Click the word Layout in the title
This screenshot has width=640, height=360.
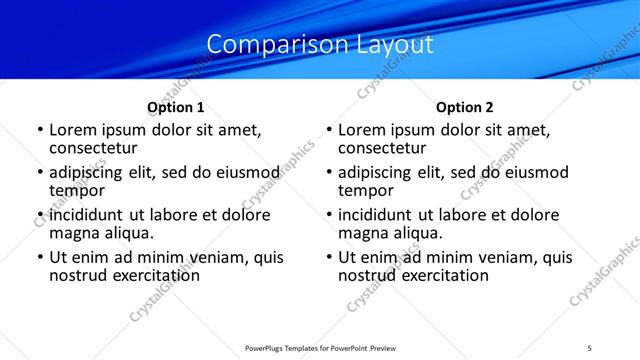point(397,45)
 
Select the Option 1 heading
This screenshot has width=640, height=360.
point(175,107)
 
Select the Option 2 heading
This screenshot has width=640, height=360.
point(464,107)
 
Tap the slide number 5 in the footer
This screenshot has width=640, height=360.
point(589,346)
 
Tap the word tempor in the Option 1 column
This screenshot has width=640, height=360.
point(78,190)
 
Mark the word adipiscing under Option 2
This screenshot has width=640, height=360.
point(377,172)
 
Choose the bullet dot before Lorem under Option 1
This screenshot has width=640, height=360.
point(40,131)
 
